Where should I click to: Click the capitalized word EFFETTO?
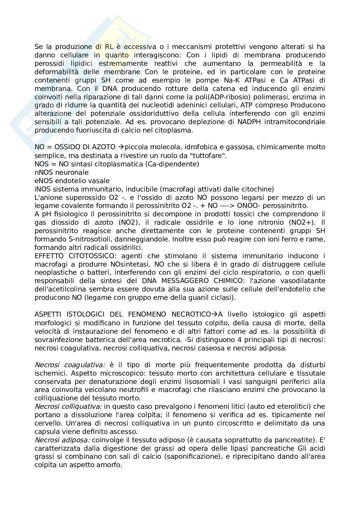point(50,256)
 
